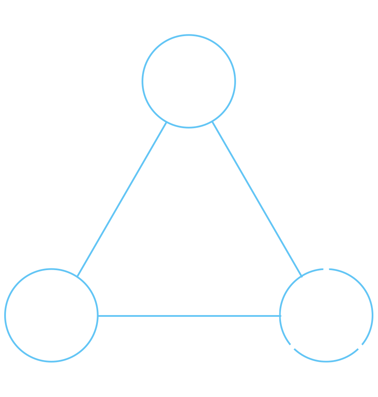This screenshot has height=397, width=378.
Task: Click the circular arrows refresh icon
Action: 326,315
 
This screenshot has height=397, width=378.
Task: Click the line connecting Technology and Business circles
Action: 189,316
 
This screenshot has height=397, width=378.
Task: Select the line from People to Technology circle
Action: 122,200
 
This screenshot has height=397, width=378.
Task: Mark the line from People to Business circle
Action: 257,200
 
